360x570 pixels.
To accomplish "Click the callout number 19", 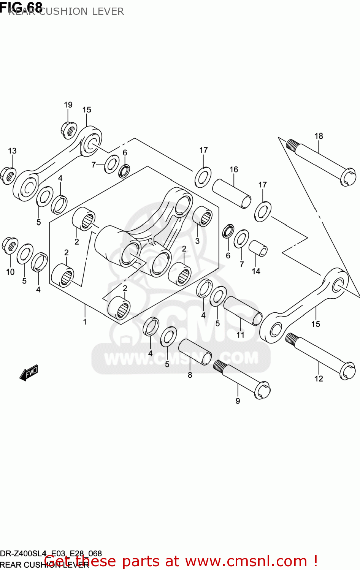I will click(68, 105).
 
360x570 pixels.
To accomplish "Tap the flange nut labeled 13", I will click(8, 175).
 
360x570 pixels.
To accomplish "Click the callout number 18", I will click(319, 136).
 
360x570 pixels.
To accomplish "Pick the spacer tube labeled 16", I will click(232, 193).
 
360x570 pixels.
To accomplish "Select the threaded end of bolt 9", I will click(219, 366).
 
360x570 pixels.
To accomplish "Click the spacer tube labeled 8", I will click(195, 352).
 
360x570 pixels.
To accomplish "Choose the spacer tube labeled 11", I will click(243, 310).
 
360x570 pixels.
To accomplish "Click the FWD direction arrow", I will click(29, 373).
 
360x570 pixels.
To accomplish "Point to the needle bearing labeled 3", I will click(203, 216).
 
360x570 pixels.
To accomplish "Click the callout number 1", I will click(85, 322).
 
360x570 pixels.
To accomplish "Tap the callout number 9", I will click(238, 401).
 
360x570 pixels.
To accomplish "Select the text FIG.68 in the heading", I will click(21, 6).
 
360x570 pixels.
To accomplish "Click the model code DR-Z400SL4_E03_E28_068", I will click(51, 554).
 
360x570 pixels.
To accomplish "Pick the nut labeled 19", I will click(69, 130).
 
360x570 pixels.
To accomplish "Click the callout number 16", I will click(234, 169).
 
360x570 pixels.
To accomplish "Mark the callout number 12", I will click(319, 378).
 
